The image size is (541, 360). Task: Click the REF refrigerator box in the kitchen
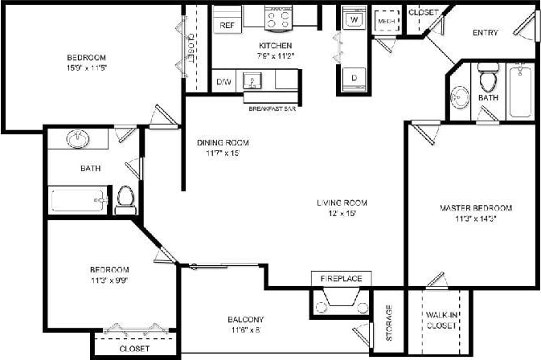point(227,25)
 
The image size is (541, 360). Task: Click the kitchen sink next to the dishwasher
point(253,81)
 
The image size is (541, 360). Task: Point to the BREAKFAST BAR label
point(272,108)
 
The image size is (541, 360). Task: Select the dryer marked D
point(353,77)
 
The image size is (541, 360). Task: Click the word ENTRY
point(486,33)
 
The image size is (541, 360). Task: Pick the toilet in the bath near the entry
point(487,79)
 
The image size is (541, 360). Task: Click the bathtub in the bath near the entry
point(520,90)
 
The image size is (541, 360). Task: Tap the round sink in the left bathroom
point(79,139)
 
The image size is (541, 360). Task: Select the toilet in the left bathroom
point(125,199)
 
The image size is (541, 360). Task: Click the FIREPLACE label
point(342,279)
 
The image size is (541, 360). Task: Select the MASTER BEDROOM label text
point(475,208)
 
